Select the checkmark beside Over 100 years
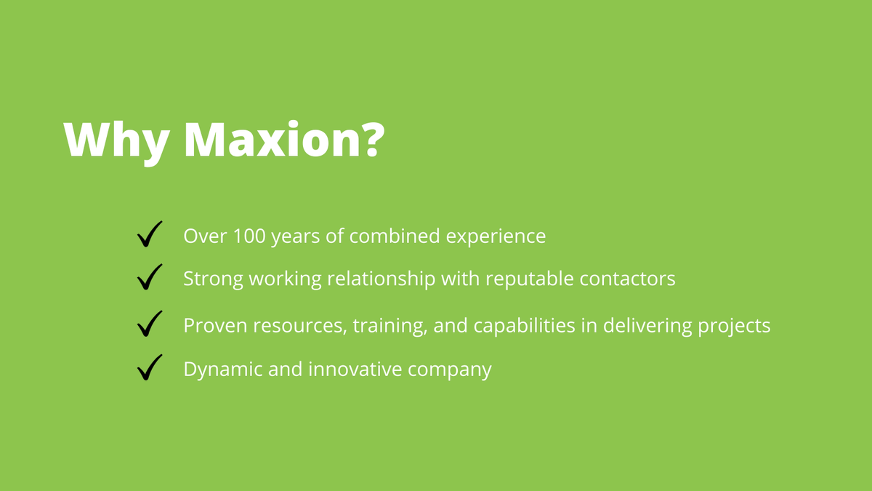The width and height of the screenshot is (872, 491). [x=149, y=236]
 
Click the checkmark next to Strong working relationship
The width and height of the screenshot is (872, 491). [x=149, y=278]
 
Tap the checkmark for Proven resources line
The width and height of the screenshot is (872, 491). [x=149, y=324]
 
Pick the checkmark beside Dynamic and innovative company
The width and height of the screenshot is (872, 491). [x=149, y=368]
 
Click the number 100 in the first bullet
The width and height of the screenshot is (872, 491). [x=249, y=236]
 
